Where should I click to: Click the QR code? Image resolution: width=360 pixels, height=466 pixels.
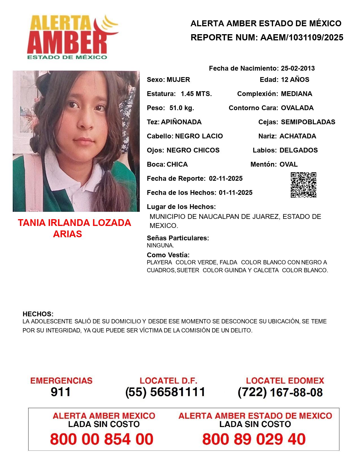click(x=304, y=185)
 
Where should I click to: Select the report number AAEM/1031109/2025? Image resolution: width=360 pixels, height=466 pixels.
click(x=302, y=37)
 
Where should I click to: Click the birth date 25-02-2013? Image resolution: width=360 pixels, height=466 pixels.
click(x=298, y=68)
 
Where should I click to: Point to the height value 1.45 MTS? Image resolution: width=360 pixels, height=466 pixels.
click(x=196, y=94)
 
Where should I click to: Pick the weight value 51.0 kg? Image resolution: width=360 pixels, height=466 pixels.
click(x=182, y=108)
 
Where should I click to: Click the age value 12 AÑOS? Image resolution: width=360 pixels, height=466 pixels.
click(x=295, y=80)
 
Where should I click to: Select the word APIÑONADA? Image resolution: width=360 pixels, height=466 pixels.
click(x=181, y=122)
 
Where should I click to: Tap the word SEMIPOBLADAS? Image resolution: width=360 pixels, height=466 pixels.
click(x=308, y=122)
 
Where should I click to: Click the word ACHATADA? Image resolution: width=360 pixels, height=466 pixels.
click(x=298, y=136)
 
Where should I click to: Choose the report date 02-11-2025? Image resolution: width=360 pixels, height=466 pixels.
click(x=226, y=178)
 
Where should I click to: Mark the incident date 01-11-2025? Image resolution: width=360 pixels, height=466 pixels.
click(x=235, y=193)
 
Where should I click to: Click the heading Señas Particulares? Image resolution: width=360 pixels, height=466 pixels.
click(x=178, y=238)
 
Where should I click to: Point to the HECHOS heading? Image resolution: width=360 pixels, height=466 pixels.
click(x=38, y=314)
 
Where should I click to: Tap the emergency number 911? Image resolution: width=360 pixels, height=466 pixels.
click(x=61, y=392)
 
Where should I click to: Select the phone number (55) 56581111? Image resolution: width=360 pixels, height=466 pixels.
click(x=165, y=392)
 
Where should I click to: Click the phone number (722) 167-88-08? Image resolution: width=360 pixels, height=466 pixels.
click(x=280, y=392)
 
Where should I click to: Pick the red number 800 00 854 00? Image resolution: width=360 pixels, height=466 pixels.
click(x=102, y=439)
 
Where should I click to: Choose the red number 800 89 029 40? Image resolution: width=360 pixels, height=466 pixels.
click(x=254, y=439)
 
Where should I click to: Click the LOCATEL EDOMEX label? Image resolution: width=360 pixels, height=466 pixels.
click(x=285, y=381)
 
